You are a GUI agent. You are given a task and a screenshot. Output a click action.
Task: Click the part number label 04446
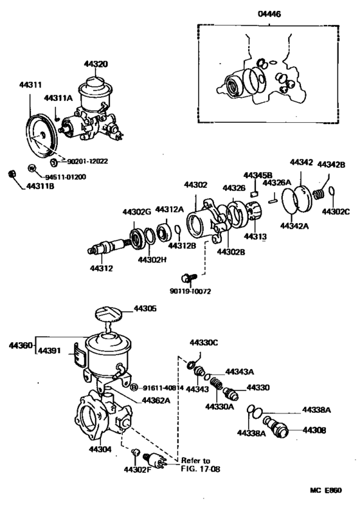click(271, 12)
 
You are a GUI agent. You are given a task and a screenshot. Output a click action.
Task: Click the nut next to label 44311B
click(10, 174)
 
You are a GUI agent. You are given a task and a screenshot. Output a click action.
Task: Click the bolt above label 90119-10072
click(188, 278)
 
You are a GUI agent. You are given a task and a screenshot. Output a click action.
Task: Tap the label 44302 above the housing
click(195, 185)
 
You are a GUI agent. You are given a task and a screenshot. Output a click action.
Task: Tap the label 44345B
click(257, 175)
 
